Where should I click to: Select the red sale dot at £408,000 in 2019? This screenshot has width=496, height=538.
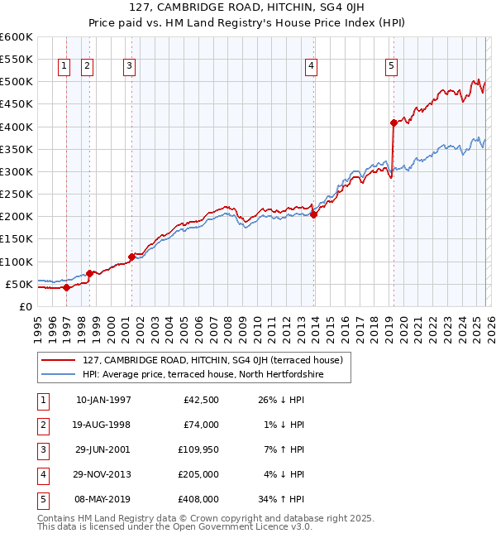tap(393, 122)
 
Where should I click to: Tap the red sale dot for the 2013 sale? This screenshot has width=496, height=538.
tap(314, 214)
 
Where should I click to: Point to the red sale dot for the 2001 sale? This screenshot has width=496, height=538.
tap(131, 257)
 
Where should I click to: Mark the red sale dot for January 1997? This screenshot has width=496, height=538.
tap(66, 287)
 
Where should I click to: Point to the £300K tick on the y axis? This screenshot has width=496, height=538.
tap(17, 171)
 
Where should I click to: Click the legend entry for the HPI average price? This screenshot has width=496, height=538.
tap(203, 374)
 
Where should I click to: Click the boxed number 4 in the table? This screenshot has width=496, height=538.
tap(43, 474)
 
